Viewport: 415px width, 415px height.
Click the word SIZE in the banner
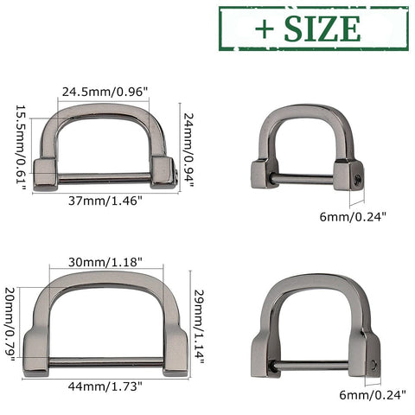tap(325, 28)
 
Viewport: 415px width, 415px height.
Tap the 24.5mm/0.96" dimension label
tap(105, 91)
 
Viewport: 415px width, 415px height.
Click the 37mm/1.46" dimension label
tap(105, 200)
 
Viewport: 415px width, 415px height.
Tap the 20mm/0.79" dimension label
tap(10, 324)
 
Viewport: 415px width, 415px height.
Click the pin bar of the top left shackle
tap(105, 181)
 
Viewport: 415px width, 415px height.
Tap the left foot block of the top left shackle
tap(45, 172)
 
